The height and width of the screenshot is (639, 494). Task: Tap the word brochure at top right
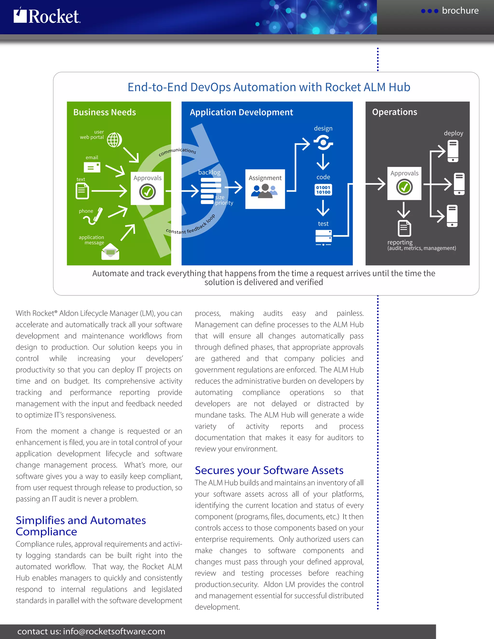point(460,11)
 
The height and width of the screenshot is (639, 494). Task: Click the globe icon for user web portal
point(114,140)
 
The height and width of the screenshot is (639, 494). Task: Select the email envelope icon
point(92,167)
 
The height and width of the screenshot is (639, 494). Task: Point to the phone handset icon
point(93,217)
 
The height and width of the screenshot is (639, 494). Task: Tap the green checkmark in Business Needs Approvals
point(147,192)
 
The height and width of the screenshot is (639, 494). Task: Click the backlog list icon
point(211,191)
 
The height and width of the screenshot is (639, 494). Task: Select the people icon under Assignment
point(265,191)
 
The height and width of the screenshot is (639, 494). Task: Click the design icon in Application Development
point(323,143)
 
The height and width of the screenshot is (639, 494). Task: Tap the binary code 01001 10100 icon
point(323,190)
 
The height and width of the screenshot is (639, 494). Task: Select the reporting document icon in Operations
point(404,228)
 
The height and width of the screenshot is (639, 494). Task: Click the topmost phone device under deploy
point(453,151)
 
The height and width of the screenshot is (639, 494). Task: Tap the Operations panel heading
point(394,112)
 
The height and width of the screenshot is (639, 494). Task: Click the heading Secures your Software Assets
point(269,470)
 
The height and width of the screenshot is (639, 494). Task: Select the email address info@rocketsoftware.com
point(114,631)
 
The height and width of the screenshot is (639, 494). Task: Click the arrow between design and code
point(323,162)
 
